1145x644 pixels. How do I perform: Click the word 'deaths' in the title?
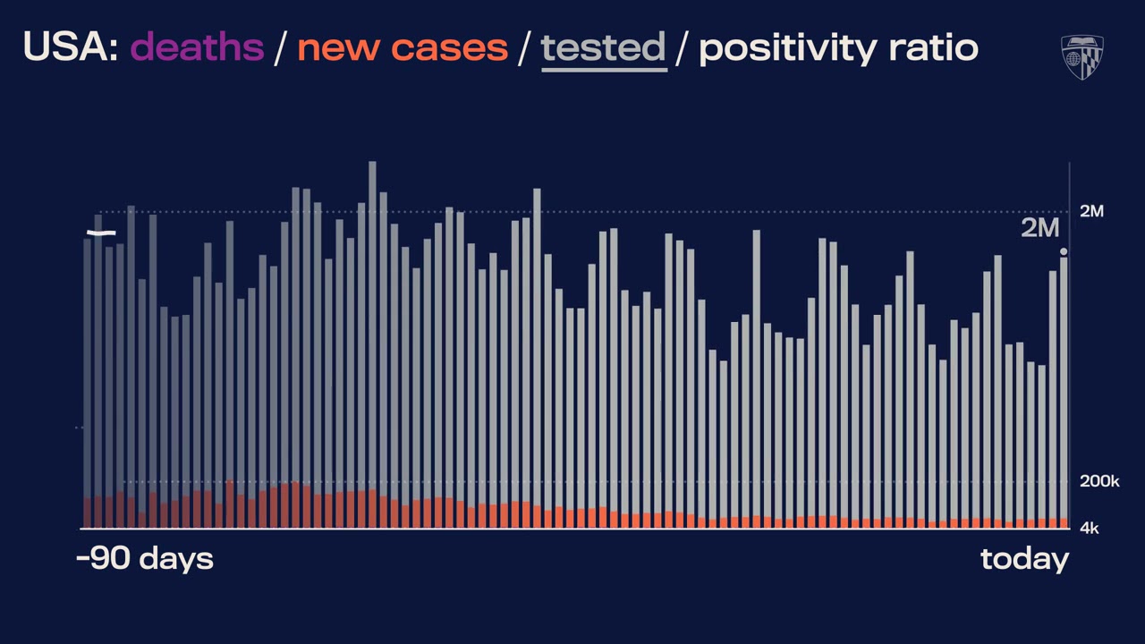[x=197, y=47]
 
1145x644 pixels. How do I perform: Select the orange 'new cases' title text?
[x=402, y=47]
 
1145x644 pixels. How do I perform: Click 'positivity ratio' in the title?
[x=838, y=47]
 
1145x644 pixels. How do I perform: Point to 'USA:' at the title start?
[x=71, y=47]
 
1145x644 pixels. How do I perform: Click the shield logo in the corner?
[x=1081, y=56]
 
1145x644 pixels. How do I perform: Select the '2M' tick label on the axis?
[x=1091, y=211]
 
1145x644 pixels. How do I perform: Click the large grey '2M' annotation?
[x=1039, y=228]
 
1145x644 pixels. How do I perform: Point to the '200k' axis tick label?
[x=1099, y=481]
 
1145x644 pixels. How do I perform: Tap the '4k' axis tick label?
[x=1089, y=528]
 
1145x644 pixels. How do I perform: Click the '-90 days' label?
[x=145, y=559]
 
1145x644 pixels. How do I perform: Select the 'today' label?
[x=1024, y=559]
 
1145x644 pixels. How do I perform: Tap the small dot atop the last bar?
[x=1064, y=252]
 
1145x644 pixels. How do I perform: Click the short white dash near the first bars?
[x=101, y=233]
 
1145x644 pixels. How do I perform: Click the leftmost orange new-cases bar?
[x=88, y=513]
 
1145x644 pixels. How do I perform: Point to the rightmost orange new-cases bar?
[x=1064, y=523]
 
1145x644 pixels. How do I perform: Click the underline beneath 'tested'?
[x=603, y=68]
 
